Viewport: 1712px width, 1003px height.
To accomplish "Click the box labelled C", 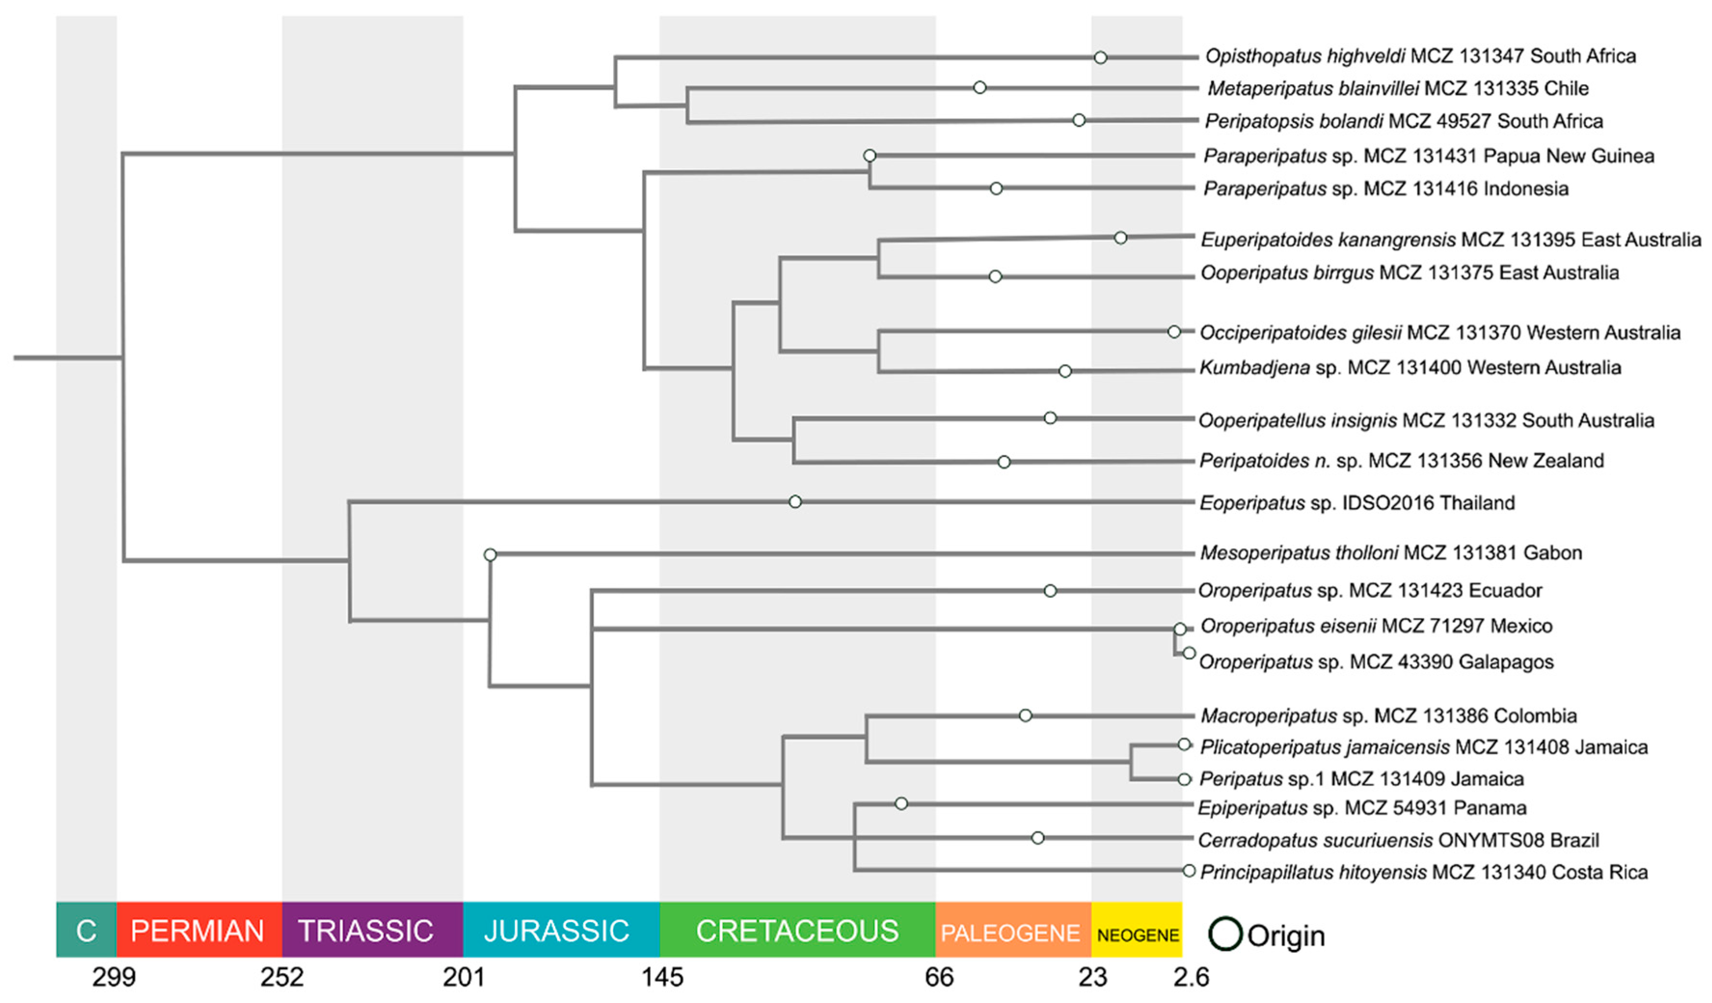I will pos(86,930).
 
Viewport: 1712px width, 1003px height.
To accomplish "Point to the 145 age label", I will pos(662,977).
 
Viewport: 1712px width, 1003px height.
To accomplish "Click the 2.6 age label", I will pos(1191,977).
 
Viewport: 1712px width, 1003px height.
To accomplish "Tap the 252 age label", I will pos(282,977).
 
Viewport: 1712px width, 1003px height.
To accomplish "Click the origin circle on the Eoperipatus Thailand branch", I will pos(795,501).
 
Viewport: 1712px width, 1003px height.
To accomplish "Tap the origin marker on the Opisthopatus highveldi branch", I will pos(1100,58).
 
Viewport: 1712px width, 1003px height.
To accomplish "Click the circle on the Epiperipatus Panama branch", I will pos(901,804).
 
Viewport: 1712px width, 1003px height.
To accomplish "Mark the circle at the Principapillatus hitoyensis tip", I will pos(1189,870).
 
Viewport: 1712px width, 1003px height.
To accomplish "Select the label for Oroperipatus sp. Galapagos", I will pos(1376,662).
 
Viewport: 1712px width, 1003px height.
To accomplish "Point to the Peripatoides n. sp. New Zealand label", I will pos(1401,461).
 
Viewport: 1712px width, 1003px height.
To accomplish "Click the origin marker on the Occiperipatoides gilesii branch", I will pos(1174,332).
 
